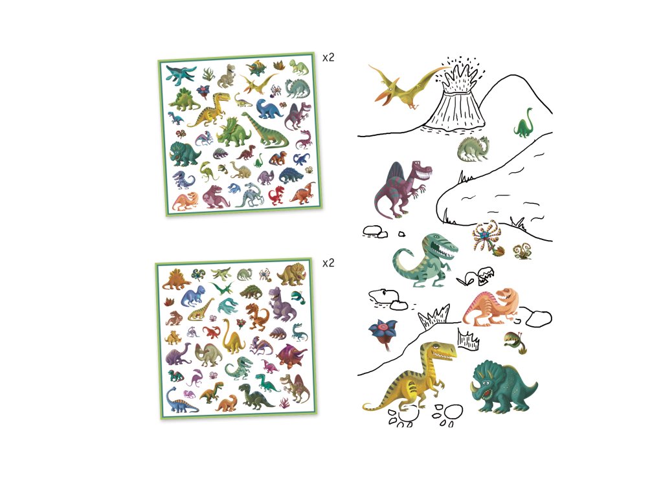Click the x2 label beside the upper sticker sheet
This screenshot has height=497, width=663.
(x=328, y=57)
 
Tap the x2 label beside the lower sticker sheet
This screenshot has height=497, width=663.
(x=328, y=263)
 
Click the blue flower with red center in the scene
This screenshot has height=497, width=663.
(x=383, y=333)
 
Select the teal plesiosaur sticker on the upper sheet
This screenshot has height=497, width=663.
(x=181, y=74)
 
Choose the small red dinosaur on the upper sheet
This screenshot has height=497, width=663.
(x=277, y=194)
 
